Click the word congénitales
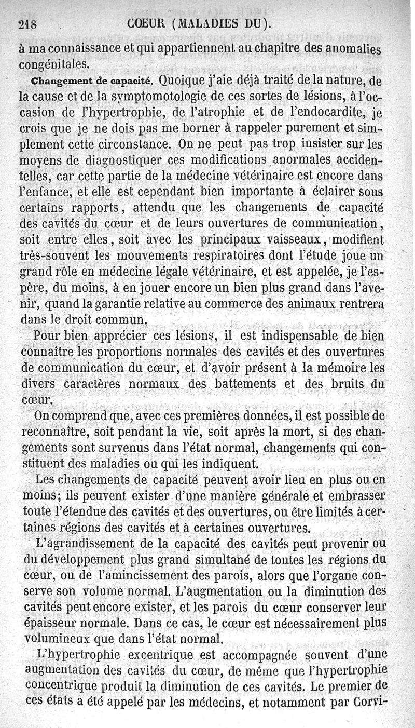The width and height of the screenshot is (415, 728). [53, 64]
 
